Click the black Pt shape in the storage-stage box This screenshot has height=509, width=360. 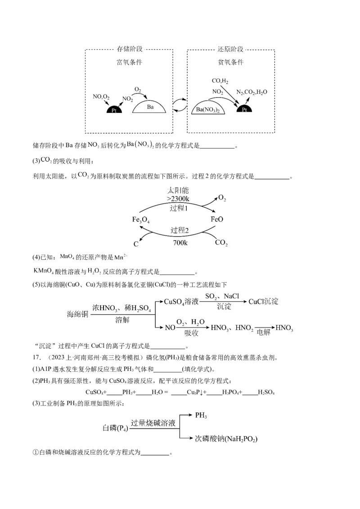[114, 109]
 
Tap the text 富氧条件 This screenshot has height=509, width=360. [129, 63]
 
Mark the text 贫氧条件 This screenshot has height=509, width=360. [230, 63]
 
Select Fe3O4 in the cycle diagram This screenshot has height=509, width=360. [141, 220]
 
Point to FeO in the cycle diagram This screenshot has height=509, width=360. [217, 219]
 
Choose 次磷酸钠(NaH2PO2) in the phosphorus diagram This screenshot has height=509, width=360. [226, 438]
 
